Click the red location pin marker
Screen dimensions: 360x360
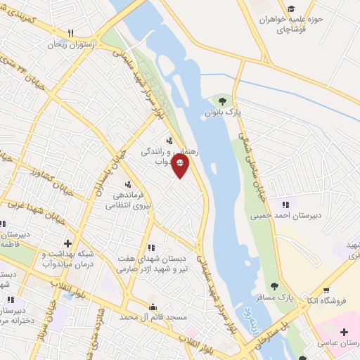tap(181, 165)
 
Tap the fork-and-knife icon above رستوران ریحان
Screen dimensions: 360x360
tap(70, 33)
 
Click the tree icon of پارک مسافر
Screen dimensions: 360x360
tap(274, 286)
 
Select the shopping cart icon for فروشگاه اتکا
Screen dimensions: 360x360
tap(326, 290)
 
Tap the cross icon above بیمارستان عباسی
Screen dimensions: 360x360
tap(343, 331)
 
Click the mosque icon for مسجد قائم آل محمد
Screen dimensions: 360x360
tap(153, 307)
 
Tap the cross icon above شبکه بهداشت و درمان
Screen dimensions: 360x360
tap(67, 243)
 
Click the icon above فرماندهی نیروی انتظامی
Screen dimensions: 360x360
tap(127, 185)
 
